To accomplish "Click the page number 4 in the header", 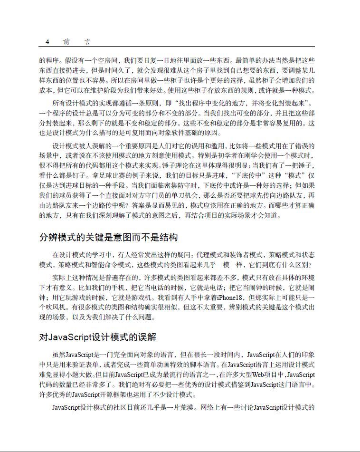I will [47, 42].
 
